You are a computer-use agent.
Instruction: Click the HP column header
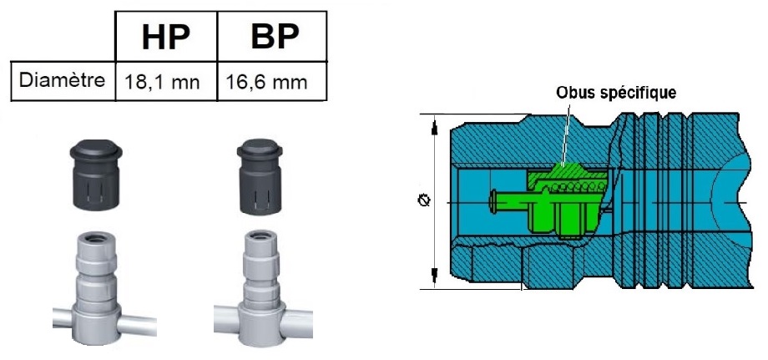coord(165,38)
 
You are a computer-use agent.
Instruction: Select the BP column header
coord(275,36)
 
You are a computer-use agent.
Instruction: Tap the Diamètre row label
coord(63,80)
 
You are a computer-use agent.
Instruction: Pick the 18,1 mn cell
coord(162,82)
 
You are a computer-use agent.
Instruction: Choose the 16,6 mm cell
coord(266,82)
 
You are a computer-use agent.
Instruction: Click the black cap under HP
coord(96,175)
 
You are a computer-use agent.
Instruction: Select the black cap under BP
coord(260,177)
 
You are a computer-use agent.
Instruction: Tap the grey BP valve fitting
coord(262,288)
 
